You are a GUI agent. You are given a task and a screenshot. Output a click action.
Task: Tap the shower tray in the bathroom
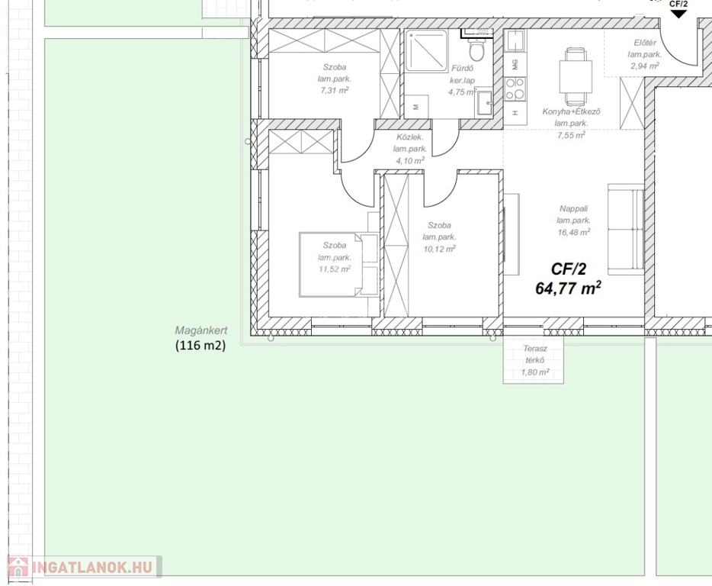point(426,50)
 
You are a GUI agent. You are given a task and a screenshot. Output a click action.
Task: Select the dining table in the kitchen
point(576,76)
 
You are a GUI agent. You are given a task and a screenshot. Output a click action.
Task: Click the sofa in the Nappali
point(626,229)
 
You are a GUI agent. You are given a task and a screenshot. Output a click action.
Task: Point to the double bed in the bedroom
point(338,264)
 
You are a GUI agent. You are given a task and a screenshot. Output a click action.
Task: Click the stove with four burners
point(515,89)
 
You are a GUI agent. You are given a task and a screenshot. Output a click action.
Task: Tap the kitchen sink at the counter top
point(515,41)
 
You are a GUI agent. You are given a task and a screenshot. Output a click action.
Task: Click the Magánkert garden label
point(201,330)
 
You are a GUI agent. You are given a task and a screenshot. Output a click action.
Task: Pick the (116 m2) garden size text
point(200,346)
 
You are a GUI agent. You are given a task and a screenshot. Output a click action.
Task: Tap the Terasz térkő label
point(535,355)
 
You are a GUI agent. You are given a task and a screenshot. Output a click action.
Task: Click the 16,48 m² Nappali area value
point(574,232)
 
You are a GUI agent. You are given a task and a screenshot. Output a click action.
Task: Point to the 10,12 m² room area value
point(439,249)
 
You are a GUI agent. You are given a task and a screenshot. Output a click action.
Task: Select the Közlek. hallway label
point(409,137)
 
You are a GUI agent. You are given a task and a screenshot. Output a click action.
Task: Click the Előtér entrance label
point(645,43)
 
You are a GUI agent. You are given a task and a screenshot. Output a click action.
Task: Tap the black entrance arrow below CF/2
point(678,14)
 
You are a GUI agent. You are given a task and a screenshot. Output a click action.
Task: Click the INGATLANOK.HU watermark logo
point(85,567)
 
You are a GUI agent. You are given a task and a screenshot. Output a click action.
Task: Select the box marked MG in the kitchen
point(515,65)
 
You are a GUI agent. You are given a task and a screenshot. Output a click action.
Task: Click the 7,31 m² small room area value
point(335,91)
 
